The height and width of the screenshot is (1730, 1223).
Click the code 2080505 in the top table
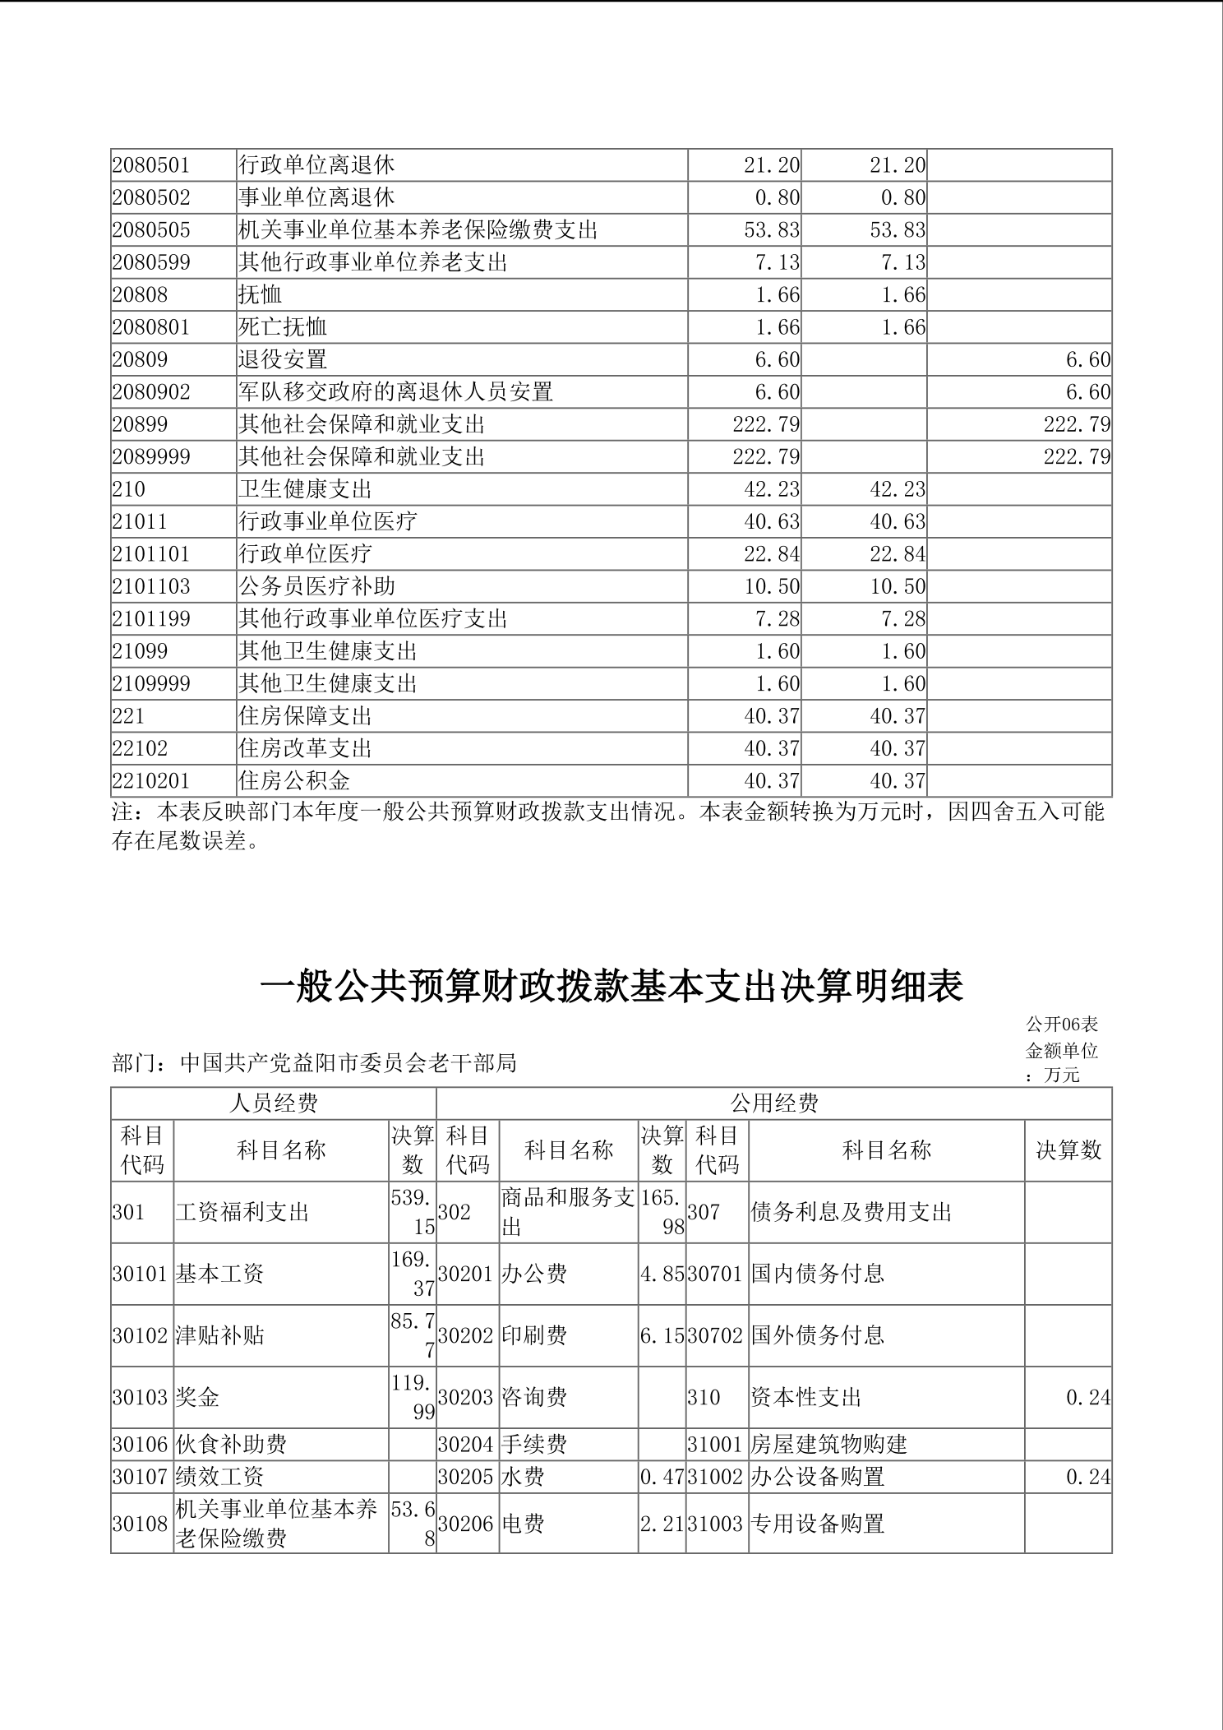click(x=151, y=230)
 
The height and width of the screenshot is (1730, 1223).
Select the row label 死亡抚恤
click(x=283, y=327)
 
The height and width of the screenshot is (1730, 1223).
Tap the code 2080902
click(x=151, y=392)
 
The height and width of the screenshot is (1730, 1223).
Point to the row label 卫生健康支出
click(x=305, y=489)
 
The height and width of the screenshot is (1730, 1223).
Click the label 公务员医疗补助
click(x=316, y=586)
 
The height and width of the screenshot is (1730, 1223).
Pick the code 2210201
click(x=151, y=780)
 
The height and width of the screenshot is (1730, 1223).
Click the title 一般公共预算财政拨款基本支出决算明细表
click(x=611, y=987)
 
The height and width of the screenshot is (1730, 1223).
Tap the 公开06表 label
click(x=1062, y=1025)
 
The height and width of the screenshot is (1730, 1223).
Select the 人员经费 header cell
click(x=274, y=1103)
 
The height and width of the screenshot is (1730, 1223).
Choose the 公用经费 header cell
click(x=774, y=1103)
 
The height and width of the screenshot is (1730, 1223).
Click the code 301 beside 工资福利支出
click(x=128, y=1212)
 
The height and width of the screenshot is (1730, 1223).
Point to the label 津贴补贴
click(x=220, y=1335)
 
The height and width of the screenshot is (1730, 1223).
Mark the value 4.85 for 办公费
click(x=662, y=1274)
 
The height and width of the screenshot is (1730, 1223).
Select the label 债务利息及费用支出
click(x=851, y=1212)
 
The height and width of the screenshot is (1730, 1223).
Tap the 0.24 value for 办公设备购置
click(x=1087, y=1477)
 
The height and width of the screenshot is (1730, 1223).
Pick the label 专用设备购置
click(x=818, y=1524)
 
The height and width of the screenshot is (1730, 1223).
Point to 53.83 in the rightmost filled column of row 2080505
click(x=898, y=230)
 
